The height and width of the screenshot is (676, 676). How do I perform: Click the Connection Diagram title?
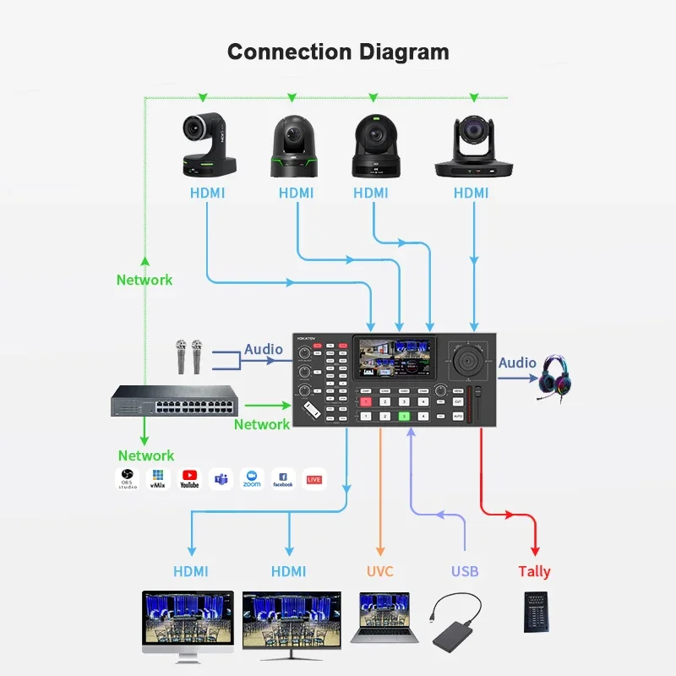point(338,52)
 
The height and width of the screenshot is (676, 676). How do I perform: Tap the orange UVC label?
point(380,571)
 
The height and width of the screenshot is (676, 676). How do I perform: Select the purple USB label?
point(465,571)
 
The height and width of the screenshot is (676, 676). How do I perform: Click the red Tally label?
point(534,571)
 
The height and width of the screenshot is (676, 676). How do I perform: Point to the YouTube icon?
point(189,478)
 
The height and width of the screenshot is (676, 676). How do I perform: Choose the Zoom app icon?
point(252,478)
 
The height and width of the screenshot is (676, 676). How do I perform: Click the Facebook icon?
point(283,478)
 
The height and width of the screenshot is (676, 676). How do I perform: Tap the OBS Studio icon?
point(127,478)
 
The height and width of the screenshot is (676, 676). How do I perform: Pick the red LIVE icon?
point(314,478)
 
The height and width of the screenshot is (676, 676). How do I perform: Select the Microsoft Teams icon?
point(221,478)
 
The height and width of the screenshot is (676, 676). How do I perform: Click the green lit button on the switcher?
point(404,417)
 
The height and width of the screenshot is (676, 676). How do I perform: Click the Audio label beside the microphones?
point(264,349)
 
